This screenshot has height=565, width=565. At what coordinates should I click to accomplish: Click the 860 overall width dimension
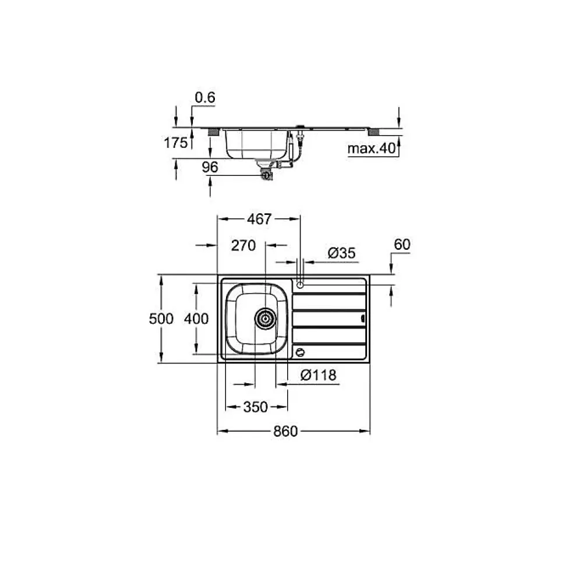(285, 432)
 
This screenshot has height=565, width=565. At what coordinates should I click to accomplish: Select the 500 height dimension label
(161, 319)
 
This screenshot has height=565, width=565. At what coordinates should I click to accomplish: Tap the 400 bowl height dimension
(196, 319)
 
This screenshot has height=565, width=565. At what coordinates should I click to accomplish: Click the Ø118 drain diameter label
(318, 376)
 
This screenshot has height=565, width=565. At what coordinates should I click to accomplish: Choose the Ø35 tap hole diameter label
(341, 253)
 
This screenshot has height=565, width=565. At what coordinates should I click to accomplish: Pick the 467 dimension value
(259, 219)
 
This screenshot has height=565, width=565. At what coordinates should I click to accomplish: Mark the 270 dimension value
(243, 246)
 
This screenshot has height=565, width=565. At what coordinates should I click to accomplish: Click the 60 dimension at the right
(402, 245)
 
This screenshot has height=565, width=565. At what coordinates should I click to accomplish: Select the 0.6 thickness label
(205, 98)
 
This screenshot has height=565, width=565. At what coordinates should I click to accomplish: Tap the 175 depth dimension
(176, 143)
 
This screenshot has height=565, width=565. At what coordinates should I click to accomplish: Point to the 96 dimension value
(210, 168)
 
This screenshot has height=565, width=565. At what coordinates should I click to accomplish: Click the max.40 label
(372, 149)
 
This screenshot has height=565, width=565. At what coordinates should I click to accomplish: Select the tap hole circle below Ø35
(300, 284)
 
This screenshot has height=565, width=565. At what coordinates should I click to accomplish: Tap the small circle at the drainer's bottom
(301, 352)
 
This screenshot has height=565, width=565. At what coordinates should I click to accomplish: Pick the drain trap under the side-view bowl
(266, 172)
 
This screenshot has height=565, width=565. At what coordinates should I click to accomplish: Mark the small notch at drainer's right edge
(363, 319)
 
